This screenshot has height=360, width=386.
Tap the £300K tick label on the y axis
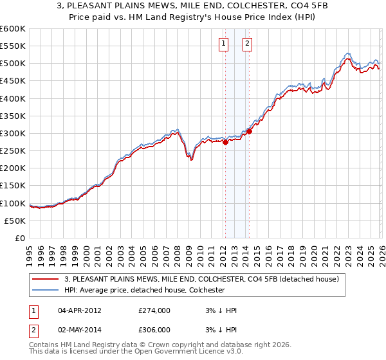coord(13,133)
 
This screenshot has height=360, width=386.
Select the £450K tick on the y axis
coord(13,81)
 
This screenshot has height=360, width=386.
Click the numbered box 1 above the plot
coord(223,44)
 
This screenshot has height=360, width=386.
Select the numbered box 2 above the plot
coord(247,44)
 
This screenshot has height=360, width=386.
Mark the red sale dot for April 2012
coord(225,143)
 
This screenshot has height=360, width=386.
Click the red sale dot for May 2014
coord(249,132)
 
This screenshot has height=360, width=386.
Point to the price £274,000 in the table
coord(154,310)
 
